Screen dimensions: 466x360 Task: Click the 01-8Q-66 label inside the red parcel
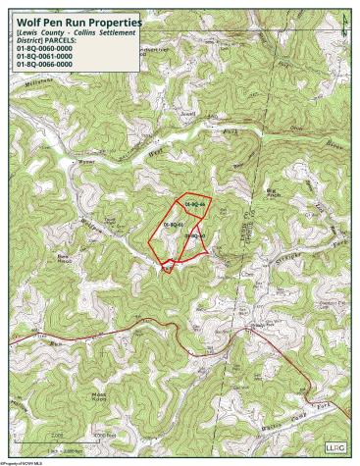[x=194, y=203]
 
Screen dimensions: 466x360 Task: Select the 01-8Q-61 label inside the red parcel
[x=174, y=225]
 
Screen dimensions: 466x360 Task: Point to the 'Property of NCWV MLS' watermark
[x=24, y=462]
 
